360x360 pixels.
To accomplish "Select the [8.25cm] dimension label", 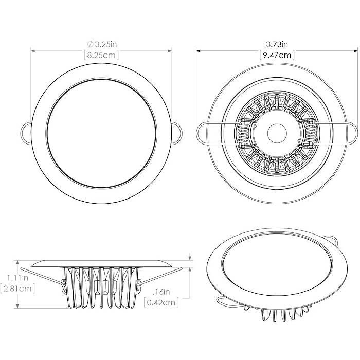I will coord(101,55).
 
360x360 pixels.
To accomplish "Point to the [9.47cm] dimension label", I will coord(277,55).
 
